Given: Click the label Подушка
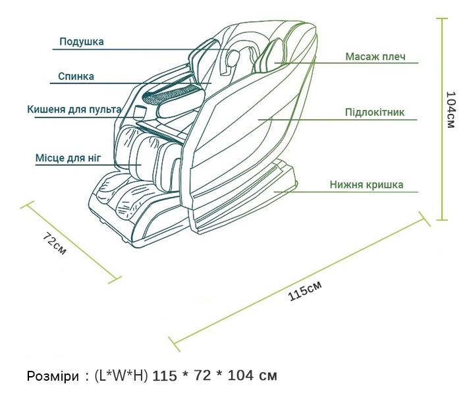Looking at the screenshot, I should [81, 42].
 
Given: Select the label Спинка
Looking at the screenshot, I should [76, 76].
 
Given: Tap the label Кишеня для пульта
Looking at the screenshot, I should [74, 109].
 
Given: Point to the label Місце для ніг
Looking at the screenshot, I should [67, 158].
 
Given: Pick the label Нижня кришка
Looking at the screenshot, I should [366, 185].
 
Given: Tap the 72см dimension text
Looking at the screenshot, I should [54, 244].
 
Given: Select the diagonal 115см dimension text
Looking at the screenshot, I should [305, 290].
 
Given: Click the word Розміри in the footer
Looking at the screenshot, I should [51, 376].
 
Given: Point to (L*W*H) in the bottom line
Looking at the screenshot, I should [121, 376].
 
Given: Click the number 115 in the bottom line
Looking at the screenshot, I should [165, 376].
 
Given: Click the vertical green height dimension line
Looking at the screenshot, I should [444, 119].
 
